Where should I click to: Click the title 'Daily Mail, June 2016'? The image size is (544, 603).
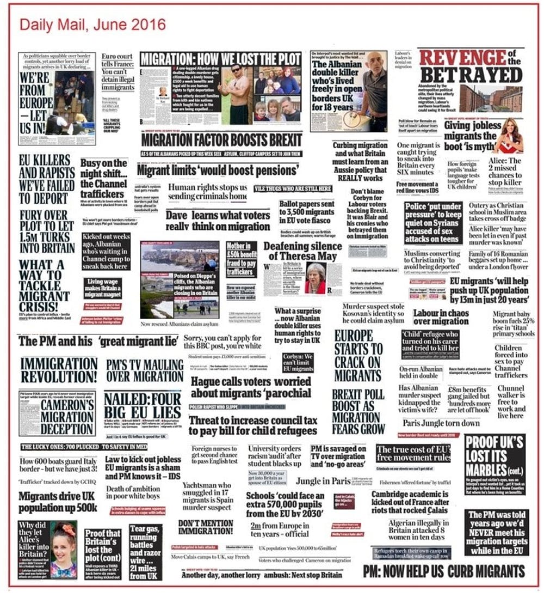92,25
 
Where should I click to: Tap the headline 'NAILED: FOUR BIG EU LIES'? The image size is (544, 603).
143,406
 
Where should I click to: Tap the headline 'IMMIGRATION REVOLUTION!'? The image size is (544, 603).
58,370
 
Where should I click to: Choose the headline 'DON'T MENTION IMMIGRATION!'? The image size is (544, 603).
206,527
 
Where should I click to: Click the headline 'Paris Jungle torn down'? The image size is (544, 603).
441,423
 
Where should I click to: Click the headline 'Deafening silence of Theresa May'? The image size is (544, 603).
302,251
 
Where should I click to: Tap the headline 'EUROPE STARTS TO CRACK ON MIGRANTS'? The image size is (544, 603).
358,355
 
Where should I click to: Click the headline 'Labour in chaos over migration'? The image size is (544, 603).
441,318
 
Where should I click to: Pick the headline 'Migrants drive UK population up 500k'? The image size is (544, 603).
58,502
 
